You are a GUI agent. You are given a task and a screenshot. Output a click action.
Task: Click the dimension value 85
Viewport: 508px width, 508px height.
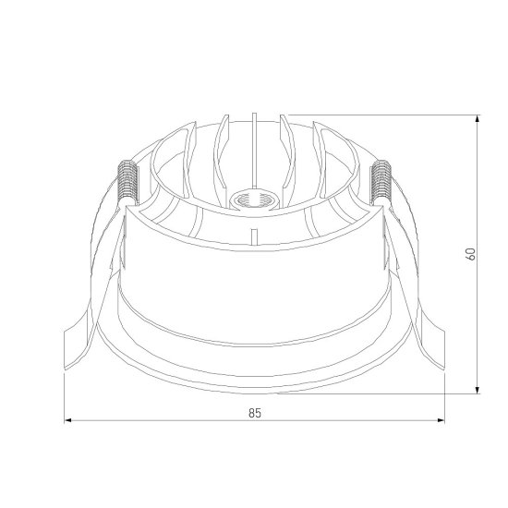(x=255, y=413)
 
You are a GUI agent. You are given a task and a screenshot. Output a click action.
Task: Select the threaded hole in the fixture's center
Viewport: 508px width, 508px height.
(x=249, y=198)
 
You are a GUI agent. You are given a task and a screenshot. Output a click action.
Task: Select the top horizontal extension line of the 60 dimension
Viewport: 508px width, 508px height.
(x=388, y=115)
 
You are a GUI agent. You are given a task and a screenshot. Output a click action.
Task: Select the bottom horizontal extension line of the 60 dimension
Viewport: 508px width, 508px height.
(x=388, y=392)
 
